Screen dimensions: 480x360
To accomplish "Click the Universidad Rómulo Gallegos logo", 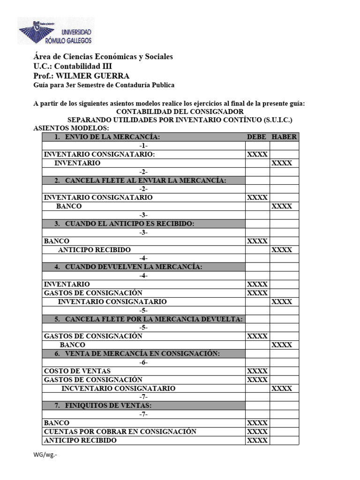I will coord(55,31).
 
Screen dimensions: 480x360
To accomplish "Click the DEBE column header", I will coord(257,137).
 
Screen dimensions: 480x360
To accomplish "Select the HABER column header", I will coord(284,137).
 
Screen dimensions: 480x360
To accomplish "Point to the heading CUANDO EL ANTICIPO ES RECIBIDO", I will coord(129,224).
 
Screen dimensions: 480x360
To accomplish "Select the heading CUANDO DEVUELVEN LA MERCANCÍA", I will coord(134,267).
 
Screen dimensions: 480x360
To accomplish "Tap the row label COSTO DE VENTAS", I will coord(77,371).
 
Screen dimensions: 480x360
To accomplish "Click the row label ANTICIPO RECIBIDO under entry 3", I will coord(94,250).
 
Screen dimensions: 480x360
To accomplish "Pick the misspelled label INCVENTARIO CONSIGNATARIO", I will coord(118,389).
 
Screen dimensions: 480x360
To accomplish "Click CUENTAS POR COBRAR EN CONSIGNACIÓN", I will coord(120,432).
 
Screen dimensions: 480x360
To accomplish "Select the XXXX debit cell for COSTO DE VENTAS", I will coord(257,371).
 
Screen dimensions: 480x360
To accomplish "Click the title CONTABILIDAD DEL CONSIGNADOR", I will coord(180,112).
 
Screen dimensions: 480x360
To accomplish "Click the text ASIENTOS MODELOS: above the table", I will coord(71,128).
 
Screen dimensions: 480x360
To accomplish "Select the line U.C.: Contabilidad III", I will coord(73,66).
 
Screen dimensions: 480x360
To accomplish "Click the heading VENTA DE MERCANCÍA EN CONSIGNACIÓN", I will coord(142,353).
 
